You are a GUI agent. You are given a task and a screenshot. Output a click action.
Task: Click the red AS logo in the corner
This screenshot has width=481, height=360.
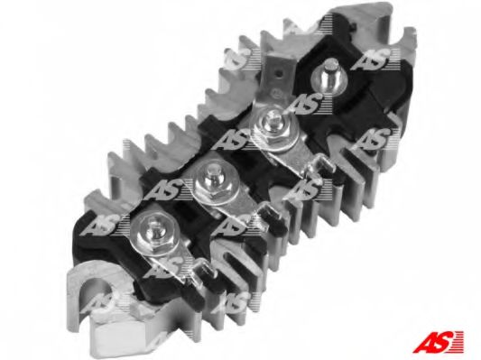coord(438,341)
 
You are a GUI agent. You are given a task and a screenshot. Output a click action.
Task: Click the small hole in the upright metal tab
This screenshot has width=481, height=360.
coord(278,74)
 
